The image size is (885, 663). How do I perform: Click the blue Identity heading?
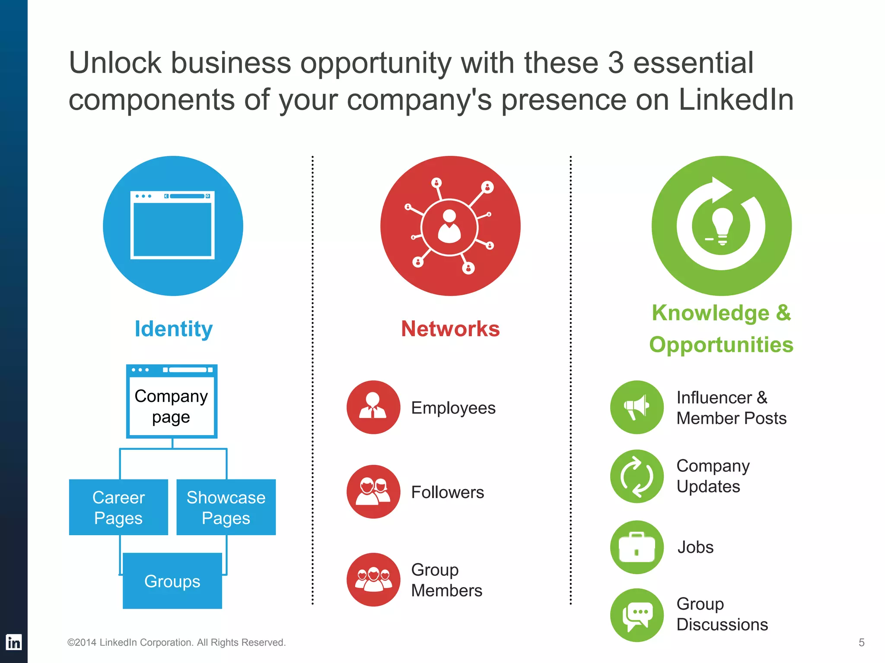click(174, 329)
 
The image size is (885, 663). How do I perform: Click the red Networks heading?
click(450, 329)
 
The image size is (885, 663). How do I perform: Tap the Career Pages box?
click(118, 507)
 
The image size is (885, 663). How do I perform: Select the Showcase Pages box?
click(226, 507)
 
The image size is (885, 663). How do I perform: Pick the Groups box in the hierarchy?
click(172, 581)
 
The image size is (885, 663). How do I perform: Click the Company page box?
click(172, 401)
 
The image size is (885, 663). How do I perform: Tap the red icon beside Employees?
click(373, 407)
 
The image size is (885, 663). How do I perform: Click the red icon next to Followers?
click(373, 492)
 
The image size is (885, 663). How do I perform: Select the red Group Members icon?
click(373, 580)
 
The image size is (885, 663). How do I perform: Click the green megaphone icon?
click(637, 407)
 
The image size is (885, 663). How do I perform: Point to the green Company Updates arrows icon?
click(637, 477)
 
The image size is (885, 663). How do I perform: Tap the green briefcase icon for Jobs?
click(637, 547)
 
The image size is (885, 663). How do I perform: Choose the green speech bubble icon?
click(637, 615)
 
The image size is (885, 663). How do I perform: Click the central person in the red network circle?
click(449, 227)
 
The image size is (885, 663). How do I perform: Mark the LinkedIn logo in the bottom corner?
click(14, 642)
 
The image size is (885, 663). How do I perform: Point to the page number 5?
click(861, 642)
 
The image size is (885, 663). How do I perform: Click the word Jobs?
click(695, 547)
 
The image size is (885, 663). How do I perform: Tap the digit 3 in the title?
click(616, 63)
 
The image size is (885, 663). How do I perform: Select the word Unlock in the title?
click(115, 63)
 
